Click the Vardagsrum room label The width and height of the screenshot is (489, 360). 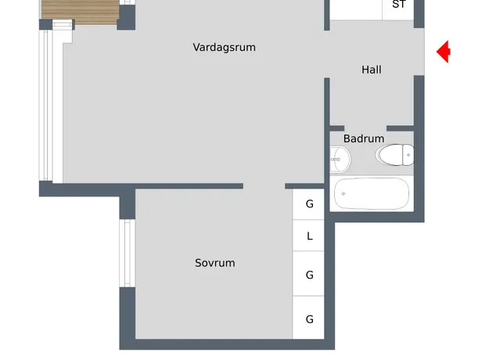tap(224, 48)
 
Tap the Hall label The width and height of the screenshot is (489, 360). tap(372, 70)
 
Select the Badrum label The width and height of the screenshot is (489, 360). tap(364, 139)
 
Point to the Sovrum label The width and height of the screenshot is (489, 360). tap(215, 263)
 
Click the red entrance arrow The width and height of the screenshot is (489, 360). tap(443, 52)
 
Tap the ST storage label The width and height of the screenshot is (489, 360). tap(399, 5)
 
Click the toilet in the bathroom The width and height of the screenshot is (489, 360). tap(395, 155)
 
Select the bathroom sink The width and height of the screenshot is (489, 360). tap(340, 159)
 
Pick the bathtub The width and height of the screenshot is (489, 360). tap(372, 194)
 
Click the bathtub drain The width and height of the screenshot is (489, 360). tap(343, 194)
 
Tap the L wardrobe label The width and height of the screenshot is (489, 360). tap(309, 236)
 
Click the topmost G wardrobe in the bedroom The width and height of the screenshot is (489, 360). tap(308, 204)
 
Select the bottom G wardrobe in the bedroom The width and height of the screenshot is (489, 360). tap(308, 317)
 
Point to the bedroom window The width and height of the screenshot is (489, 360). tap(128, 253)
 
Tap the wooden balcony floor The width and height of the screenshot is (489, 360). tap(81, 12)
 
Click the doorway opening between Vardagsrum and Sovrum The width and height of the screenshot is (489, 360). tap(264, 186)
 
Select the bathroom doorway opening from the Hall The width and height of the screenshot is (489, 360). tap(365, 128)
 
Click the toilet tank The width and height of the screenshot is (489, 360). tap(408, 155)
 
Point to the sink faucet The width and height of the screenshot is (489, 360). tap(335, 160)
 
